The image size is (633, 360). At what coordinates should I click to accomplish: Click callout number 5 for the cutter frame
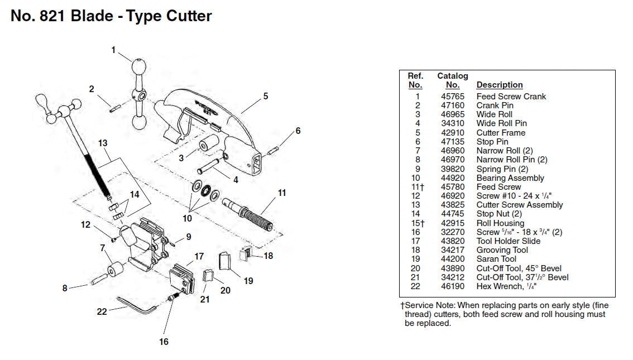(266, 96)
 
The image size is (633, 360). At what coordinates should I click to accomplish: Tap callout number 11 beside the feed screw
(282, 193)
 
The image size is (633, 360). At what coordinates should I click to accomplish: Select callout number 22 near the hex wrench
(102, 311)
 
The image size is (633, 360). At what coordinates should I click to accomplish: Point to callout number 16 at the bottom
(164, 342)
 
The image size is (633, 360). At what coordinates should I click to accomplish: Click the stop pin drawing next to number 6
(273, 150)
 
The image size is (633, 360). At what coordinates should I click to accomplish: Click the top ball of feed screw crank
(137, 68)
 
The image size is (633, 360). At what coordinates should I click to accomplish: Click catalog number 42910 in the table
(452, 133)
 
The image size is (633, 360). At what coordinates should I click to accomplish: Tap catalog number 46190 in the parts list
(452, 286)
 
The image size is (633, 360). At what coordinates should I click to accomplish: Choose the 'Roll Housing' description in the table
(501, 223)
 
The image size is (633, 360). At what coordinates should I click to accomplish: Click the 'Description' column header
(499, 85)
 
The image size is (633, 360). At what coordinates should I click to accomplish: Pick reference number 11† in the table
(415, 187)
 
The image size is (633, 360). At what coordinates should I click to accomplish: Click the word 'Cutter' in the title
(186, 16)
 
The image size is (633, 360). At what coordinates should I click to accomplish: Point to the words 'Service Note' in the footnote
(429, 305)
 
